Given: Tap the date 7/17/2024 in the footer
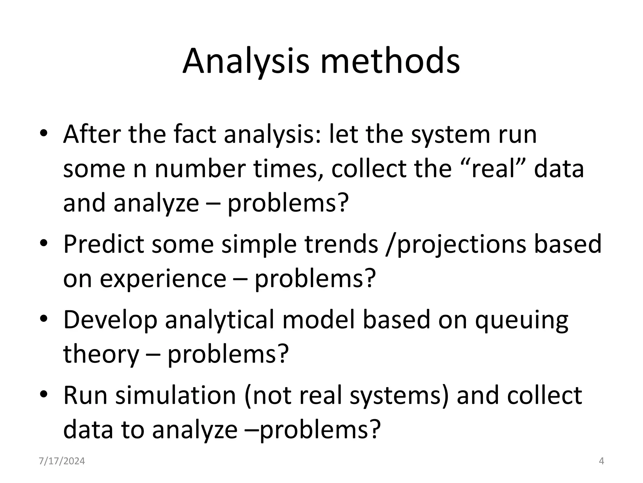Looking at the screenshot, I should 62,461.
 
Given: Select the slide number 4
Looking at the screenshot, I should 602,461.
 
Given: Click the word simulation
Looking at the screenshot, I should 176,395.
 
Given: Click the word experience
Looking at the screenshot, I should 163,279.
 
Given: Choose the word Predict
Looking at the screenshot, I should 104,244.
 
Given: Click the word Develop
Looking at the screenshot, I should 110,320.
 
